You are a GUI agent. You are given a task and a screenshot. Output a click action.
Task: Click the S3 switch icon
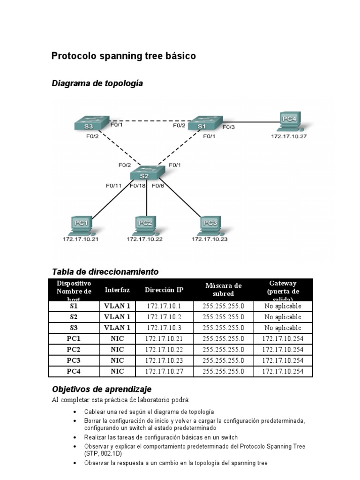pyautogui.click(x=91, y=123)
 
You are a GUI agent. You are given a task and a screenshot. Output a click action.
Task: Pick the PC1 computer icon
pyautogui.click(x=81, y=225)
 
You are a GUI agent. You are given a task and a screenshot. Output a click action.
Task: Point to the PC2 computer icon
pyautogui.click(x=145, y=225)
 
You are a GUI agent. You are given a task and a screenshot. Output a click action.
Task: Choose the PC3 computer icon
pyautogui.click(x=209, y=225)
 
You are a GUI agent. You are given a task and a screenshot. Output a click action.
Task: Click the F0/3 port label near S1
pyautogui.click(x=228, y=127)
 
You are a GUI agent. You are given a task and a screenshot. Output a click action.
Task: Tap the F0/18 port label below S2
pyautogui.click(x=138, y=186)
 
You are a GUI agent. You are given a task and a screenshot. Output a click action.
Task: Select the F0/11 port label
pyautogui.click(x=113, y=186)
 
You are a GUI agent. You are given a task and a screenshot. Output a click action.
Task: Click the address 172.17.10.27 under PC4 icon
pyautogui.click(x=289, y=136)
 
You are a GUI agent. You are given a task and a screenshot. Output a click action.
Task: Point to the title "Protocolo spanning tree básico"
pyautogui.click(x=123, y=56)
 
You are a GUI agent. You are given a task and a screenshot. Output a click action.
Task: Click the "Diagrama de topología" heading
pyautogui.click(x=97, y=83)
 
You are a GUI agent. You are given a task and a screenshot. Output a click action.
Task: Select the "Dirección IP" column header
pyautogui.click(x=164, y=290)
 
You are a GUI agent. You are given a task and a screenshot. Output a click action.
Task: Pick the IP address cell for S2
pyautogui.click(x=164, y=317)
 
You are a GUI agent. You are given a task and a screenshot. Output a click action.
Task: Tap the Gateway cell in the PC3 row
pyautogui.click(x=283, y=360)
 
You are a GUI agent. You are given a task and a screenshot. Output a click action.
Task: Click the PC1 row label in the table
pyautogui.click(x=74, y=339)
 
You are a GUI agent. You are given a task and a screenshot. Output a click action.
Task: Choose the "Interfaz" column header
pyautogui.click(x=117, y=290)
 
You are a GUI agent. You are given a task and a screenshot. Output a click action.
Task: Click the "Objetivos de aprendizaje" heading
pyautogui.click(x=102, y=390)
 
